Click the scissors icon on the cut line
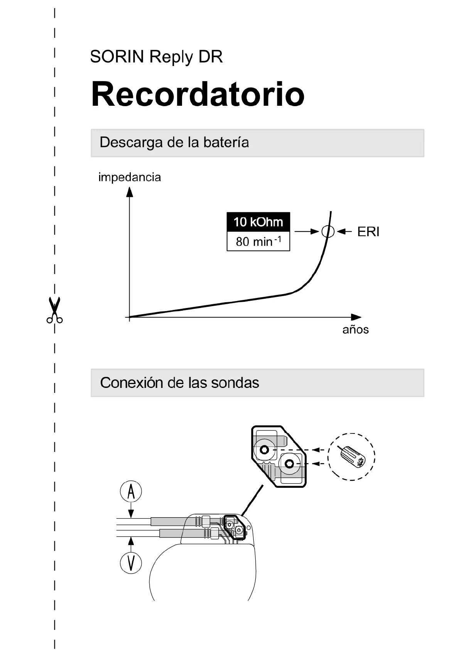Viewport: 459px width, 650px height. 54,310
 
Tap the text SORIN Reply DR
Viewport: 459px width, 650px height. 156,57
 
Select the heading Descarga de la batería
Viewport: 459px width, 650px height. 174,142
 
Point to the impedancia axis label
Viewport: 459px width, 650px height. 130,177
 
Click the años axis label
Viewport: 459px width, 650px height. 355,330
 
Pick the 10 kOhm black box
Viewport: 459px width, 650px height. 258,222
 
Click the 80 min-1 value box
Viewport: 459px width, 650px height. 258,242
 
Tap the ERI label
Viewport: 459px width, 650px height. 368,232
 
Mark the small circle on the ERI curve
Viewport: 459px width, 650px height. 327,232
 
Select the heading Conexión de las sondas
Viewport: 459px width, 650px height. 179,383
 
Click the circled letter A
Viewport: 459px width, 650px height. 131,492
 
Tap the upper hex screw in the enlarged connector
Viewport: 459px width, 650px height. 265,450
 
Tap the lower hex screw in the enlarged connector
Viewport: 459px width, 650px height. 290,464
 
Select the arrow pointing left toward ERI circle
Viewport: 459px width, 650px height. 344,232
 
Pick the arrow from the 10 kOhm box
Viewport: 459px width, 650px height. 307,232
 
